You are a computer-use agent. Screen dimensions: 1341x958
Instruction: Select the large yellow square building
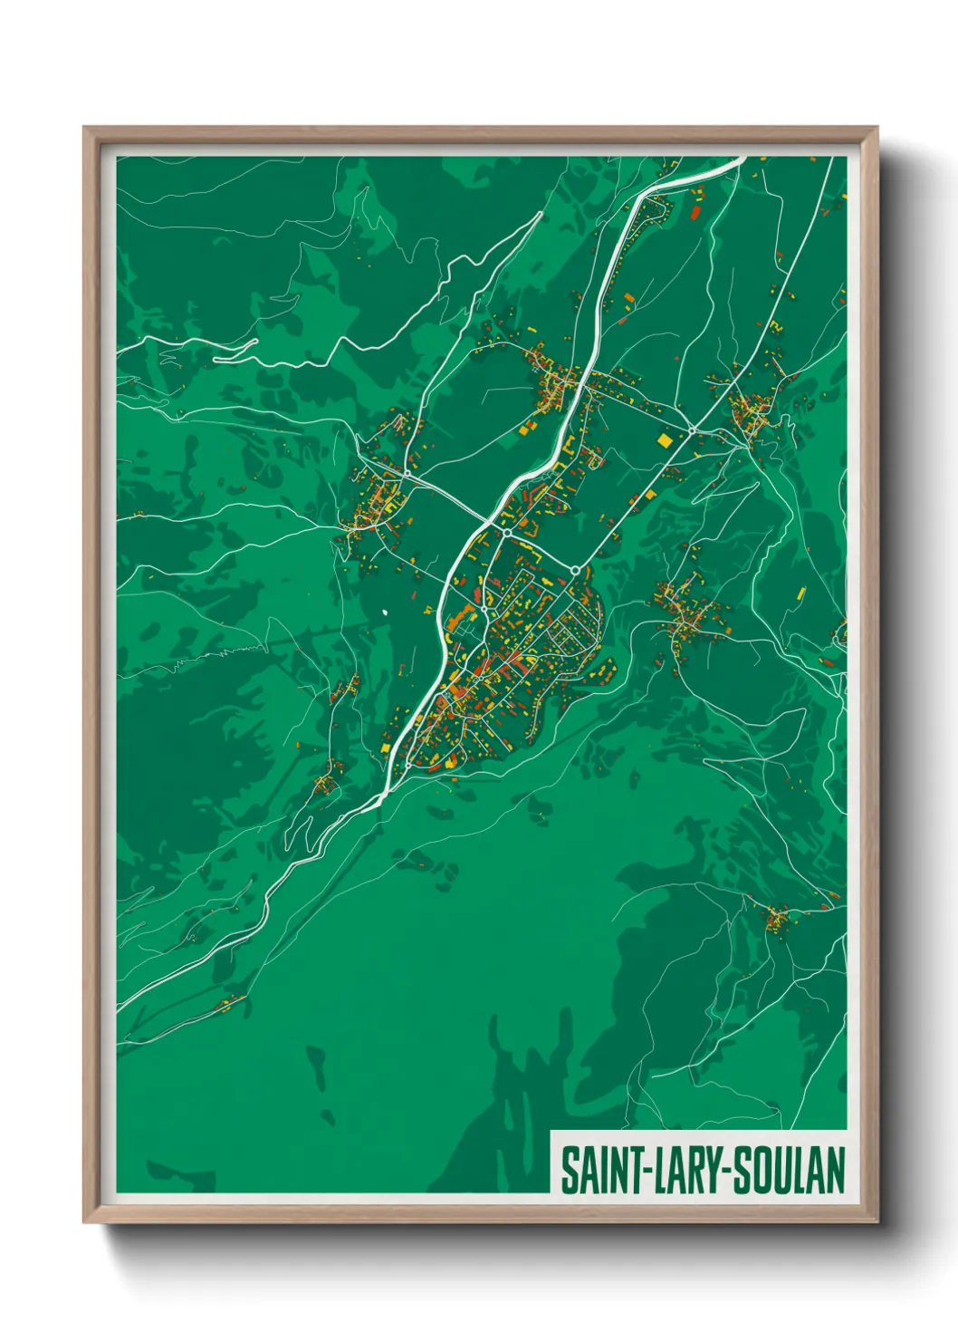[x=666, y=440]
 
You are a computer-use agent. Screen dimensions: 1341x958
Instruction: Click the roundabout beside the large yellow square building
[x=691, y=429]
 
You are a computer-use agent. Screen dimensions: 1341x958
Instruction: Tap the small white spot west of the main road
[x=385, y=612]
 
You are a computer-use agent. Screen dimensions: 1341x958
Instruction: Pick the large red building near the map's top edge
[x=695, y=213]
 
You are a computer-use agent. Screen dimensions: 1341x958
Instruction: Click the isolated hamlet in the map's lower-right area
[x=777, y=921]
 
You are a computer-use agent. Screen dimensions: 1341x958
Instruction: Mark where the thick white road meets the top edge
[x=742, y=159]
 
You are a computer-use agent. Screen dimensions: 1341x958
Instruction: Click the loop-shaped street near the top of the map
[x=659, y=210]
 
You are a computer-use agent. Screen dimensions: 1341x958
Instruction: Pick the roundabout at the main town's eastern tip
[x=575, y=569]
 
